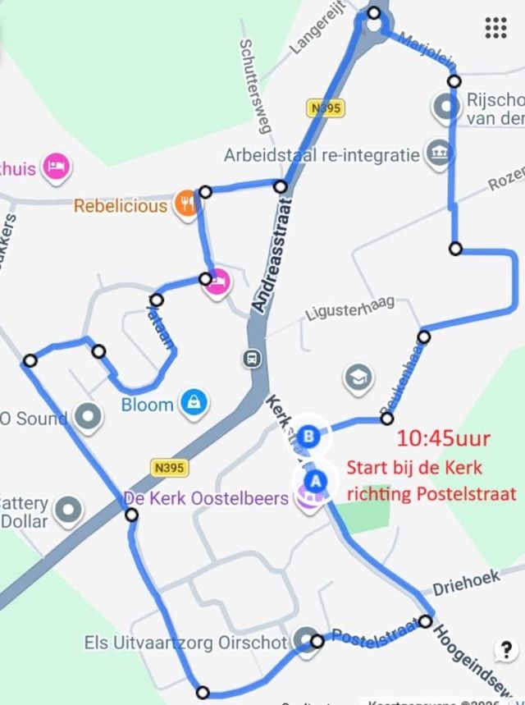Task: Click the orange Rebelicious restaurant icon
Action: coord(187,204)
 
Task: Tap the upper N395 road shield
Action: coord(326,108)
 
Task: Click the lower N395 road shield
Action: coord(169,467)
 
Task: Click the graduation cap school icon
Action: coord(358,378)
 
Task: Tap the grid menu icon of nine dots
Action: coord(495,28)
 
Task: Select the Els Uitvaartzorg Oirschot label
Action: coord(185,642)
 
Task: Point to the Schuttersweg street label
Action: coord(255,85)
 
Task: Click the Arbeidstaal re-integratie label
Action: coord(322,155)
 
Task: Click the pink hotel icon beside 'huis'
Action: coord(56,167)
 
